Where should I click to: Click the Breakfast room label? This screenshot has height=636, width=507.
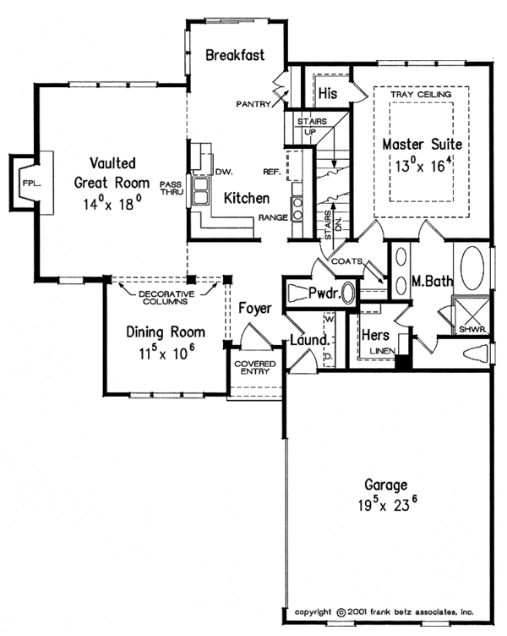235,55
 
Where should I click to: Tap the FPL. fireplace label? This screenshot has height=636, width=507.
31,181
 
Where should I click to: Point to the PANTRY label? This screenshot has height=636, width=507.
253,105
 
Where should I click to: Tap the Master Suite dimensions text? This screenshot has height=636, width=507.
420,166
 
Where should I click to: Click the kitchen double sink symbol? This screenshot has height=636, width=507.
202,191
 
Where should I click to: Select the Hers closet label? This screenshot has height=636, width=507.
374,335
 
